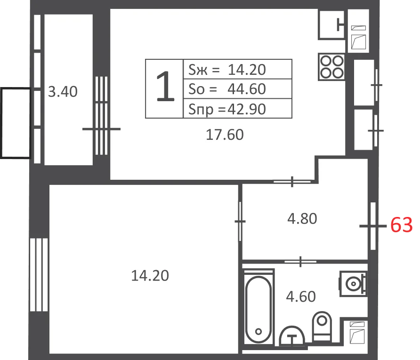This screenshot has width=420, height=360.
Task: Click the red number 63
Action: [401, 225]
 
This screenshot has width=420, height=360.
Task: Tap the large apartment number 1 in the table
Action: [165, 87]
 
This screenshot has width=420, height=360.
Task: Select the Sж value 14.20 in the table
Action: [247, 70]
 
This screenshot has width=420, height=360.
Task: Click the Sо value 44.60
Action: [246, 89]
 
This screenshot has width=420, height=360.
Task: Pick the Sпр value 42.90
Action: [246, 109]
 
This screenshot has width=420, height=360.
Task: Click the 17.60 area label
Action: [225, 135]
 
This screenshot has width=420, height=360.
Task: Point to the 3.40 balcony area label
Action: [63, 92]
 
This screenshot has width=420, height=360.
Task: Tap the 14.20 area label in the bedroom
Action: [150, 276]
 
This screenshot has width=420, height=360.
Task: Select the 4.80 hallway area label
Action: [302, 219]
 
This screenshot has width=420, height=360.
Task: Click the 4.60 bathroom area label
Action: [301, 296]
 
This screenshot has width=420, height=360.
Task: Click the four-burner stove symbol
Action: [331, 67]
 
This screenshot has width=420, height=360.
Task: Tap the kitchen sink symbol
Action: [332, 25]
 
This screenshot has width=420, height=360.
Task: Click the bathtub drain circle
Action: [258, 332]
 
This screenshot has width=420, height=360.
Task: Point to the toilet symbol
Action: [322, 327]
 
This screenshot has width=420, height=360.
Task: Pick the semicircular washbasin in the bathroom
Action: [292, 336]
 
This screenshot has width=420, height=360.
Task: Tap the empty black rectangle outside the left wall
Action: [16, 123]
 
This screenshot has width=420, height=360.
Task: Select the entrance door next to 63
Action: [373, 226]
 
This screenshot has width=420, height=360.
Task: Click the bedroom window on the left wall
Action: [39, 275]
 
